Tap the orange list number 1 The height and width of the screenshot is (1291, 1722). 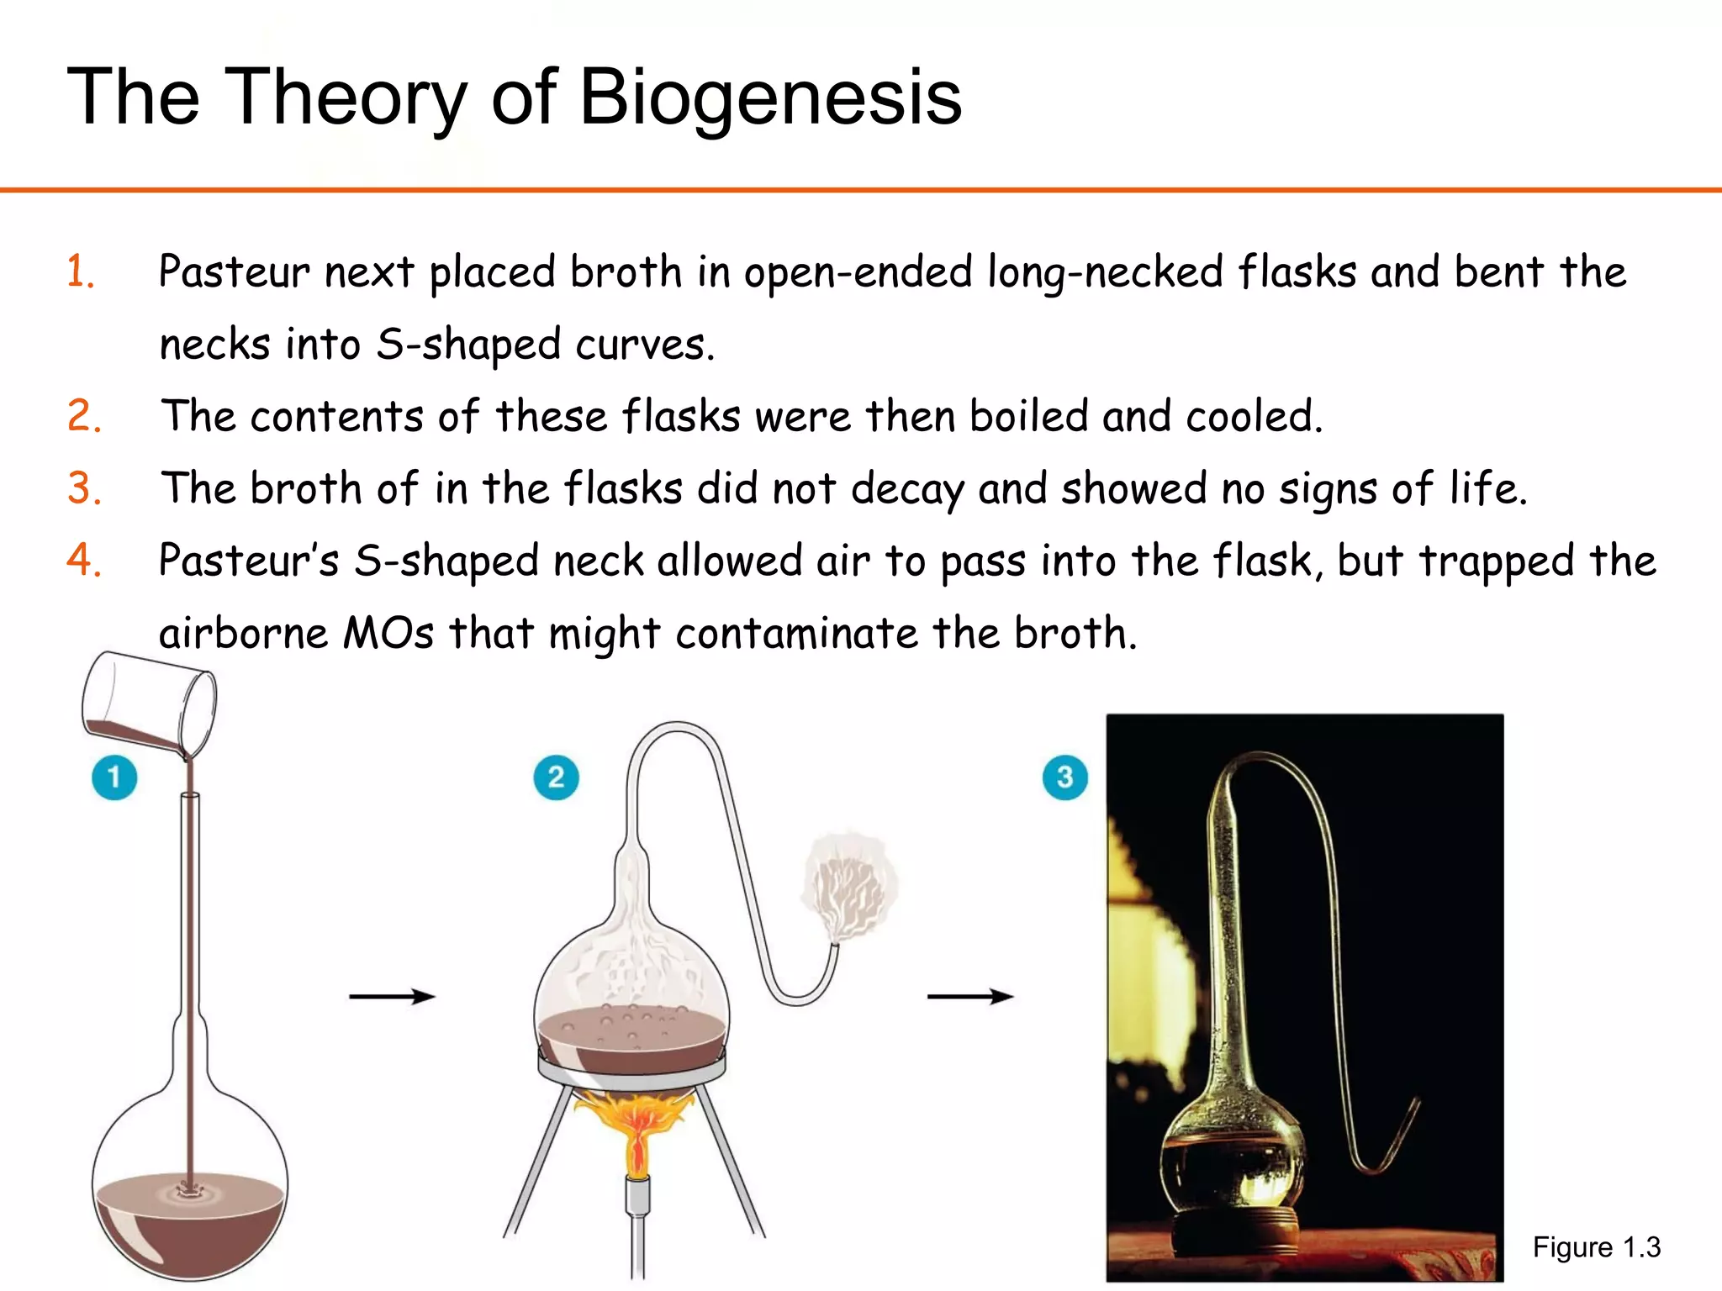(81, 272)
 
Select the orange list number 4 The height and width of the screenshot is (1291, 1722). (84, 561)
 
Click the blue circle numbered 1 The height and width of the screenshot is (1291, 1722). (114, 777)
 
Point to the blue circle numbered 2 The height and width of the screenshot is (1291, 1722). (556, 777)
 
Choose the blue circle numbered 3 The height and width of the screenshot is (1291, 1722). (1064, 777)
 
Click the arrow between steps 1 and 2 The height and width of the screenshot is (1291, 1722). (392, 997)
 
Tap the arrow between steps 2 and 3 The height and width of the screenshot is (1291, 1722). (969, 997)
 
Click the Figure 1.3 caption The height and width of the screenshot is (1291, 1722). (1596, 1247)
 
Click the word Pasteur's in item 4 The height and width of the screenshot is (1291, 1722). (249, 561)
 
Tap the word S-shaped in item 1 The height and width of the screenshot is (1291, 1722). (467, 345)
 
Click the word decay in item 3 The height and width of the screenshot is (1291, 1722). (907, 490)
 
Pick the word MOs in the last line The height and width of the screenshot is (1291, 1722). (388, 634)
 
